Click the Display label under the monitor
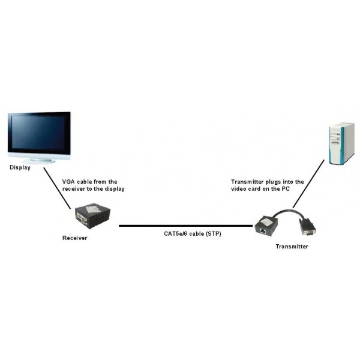coord(20,167)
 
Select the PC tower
coord(341,144)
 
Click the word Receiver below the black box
coord(74,238)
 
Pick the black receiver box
coord(93,215)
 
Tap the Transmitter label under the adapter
coord(292,247)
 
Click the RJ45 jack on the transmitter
coord(262,230)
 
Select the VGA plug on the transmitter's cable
coord(307,227)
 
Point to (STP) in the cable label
coord(214,234)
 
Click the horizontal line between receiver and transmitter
coord(186,226)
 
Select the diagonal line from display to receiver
coord(57,188)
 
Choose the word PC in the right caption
coord(286,189)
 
